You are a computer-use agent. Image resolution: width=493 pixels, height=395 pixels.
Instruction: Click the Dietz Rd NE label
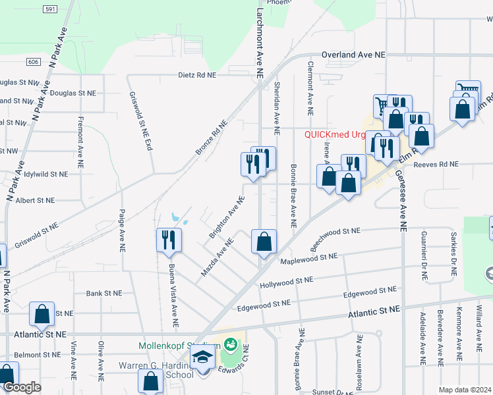[197, 75]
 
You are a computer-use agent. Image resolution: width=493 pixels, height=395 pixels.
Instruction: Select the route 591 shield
[49, 9]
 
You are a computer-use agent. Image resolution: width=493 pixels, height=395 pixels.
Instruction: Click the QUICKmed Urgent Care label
[334, 134]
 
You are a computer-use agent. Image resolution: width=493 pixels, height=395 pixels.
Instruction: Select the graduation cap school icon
[203, 357]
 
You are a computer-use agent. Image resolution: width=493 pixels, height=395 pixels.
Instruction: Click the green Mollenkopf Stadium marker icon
[231, 344]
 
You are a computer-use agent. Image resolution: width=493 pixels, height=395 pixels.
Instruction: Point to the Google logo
[21, 388]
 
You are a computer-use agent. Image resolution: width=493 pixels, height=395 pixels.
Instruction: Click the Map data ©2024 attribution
[465, 390]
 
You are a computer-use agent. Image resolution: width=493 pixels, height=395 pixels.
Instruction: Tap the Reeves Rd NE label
[436, 164]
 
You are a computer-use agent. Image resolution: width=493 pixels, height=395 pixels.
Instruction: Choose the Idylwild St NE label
[45, 175]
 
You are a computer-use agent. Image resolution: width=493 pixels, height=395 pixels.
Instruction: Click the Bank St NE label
[104, 293]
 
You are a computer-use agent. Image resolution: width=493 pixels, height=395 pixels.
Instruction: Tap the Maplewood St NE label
[308, 259]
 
